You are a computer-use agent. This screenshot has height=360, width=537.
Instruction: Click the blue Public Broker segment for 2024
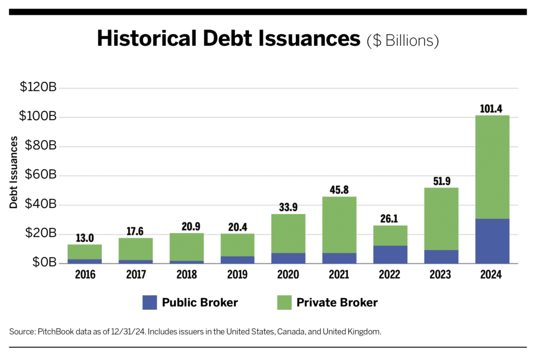coord(492,241)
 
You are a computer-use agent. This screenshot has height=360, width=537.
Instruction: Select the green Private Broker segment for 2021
coord(339,225)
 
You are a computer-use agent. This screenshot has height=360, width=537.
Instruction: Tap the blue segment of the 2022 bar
coord(390,254)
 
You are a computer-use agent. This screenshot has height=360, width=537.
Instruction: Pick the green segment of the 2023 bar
coord(441,218)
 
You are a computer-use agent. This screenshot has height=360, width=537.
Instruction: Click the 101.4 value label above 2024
coord(492,109)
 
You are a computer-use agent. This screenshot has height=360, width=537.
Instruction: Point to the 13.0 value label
coord(84,238)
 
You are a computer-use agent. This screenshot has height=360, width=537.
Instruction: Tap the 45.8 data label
coord(339,190)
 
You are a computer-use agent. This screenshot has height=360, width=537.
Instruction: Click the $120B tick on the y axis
coord(38,88)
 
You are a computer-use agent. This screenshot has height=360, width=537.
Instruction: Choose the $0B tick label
coord(44,263)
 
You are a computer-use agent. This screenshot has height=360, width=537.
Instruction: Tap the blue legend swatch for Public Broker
coord(149,302)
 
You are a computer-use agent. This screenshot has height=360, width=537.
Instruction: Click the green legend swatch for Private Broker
coord(284,302)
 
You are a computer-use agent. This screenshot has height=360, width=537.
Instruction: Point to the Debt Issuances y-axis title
coord(14,173)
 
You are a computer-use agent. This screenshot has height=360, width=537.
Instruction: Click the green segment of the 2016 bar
coord(84,251)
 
